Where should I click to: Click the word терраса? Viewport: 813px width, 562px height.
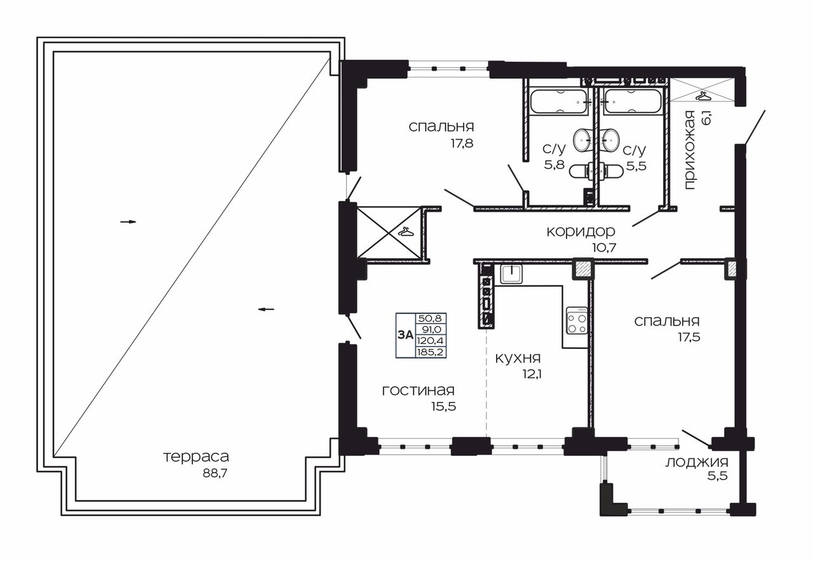pos(196,457)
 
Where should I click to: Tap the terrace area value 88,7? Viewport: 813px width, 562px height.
pos(215,474)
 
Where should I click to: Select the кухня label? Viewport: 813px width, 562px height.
pos(518,359)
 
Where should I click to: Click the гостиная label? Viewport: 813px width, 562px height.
pos(418,391)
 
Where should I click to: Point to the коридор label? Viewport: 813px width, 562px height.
pos(581,231)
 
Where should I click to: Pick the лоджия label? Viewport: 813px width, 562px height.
pos(697,463)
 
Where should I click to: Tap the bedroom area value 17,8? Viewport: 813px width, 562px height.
pos(462,143)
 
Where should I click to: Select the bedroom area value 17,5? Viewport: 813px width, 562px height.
pos(689,337)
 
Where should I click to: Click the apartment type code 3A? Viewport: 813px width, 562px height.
pos(405,335)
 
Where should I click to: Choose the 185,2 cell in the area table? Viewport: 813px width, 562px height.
pos(431,352)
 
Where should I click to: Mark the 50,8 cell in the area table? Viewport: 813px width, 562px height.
pos(431,319)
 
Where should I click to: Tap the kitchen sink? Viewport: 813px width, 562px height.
pos(511,274)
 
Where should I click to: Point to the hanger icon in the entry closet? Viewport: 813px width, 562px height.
pos(702,97)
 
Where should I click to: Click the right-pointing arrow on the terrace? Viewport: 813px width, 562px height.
pos(128,222)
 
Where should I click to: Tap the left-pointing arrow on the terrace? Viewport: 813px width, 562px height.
pos(266,310)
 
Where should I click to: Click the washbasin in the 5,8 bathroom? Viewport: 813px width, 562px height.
pos(584,140)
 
